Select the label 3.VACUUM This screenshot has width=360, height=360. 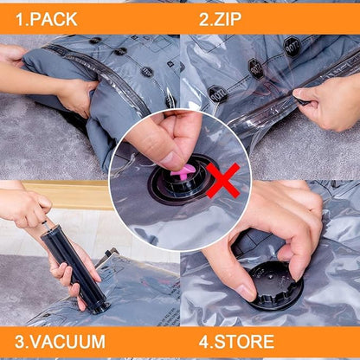(x=59, y=342)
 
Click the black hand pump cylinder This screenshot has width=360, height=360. (x=76, y=260)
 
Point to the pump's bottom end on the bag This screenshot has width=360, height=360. (x=98, y=305)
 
